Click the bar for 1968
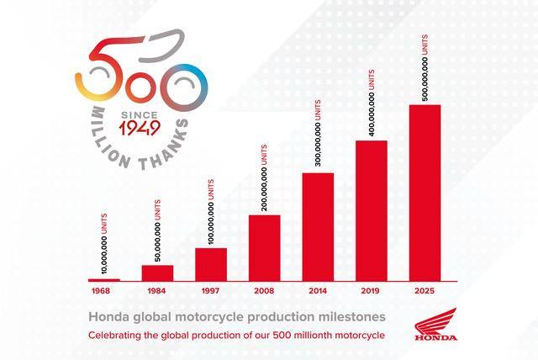[x=104, y=279]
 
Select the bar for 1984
[x=157, y=273]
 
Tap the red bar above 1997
[x=211, y=264]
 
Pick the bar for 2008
[x=264, y=247]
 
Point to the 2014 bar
[x=318, y=226]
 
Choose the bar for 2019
[x=371, y=210]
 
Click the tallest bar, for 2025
[x=425, y=193]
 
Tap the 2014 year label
[x=318, y=290]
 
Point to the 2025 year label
[x=425, y=290]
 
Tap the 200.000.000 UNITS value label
[x=264, y=177]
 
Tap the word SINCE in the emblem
[x=140, y=113]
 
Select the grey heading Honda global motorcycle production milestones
[x=237, y=317]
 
